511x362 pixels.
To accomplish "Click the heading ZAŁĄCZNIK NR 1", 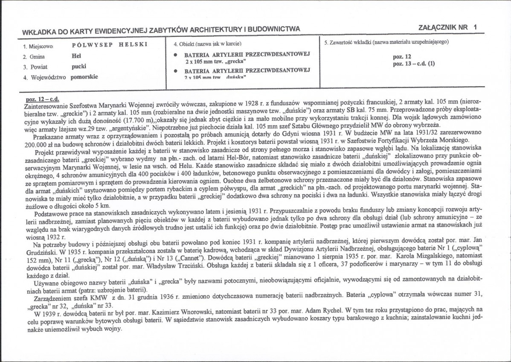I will click(x=448, y=27).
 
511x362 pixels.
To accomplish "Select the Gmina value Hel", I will click(x=76, y=55).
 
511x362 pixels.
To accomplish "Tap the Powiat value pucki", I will click(x=79, y=67).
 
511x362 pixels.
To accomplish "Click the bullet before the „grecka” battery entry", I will click(x=176, y=55).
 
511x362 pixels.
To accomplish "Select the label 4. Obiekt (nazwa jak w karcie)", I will click(x=207, y=44).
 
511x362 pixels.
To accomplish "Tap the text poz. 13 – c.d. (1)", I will click(x=413, y=63).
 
